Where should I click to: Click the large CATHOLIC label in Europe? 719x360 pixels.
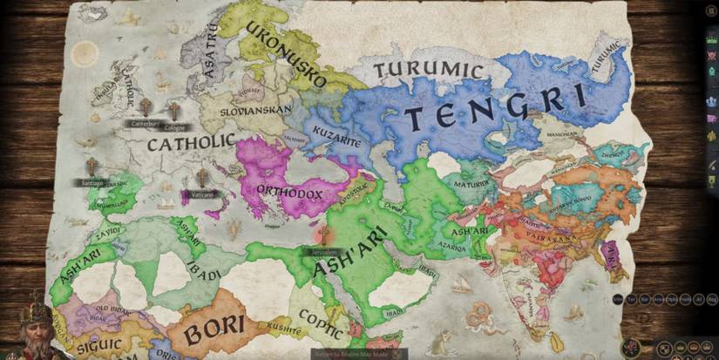(191, 141)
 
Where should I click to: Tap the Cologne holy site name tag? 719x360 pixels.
(174, 127)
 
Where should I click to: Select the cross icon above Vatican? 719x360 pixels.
(202, 178)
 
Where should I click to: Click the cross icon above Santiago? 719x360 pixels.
(92, 166)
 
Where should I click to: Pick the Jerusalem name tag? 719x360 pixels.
(324, 251)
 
